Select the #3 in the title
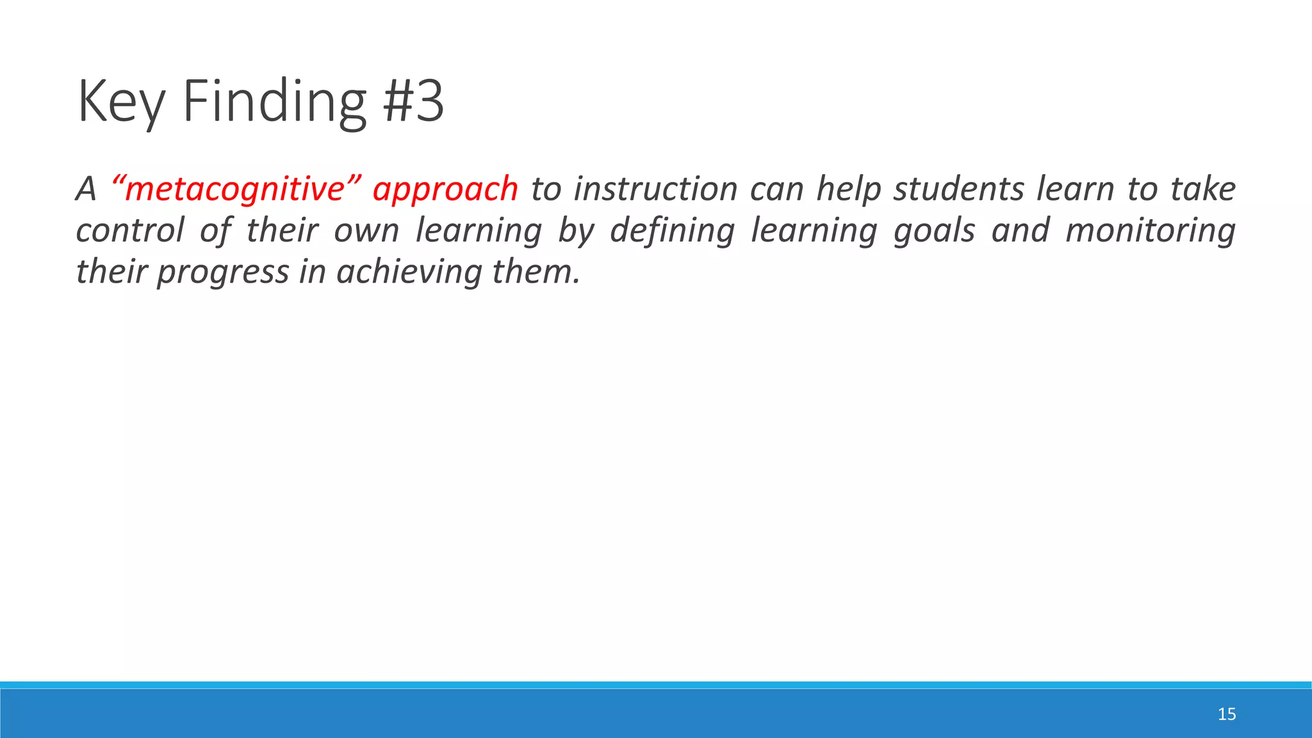(x=413, y=101)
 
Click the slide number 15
(x=1226, y=714)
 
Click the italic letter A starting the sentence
(x=86, y=190)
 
